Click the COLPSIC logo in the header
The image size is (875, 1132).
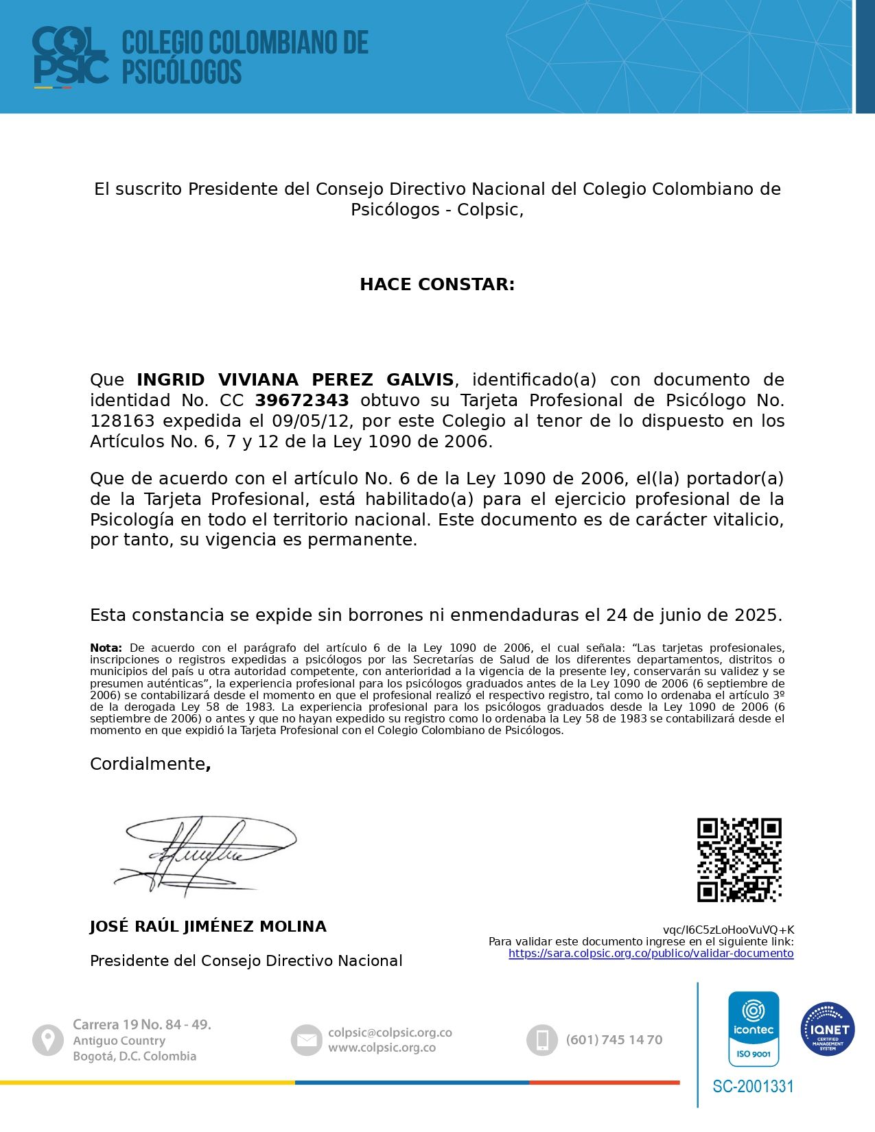coord(70,57)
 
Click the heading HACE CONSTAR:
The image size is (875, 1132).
coord(437,285)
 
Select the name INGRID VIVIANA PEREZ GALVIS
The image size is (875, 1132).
coord(295,380)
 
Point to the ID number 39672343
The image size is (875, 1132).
coord(302,401)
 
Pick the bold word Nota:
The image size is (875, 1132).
coord(106,648)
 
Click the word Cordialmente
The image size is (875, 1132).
coord(148,764)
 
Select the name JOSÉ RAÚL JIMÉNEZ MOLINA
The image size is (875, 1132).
coord(208,927)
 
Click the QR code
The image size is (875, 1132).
coord(739,860)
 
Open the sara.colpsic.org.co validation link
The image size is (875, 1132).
coord(651,954)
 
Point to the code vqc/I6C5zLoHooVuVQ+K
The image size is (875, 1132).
coord(728,930)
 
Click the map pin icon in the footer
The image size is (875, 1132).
coord(48,1041)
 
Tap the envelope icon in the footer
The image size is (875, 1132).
coord(306,1041)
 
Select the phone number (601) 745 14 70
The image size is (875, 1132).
coord(614,1040)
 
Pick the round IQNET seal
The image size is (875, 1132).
coord(828,1029)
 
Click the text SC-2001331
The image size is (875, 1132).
coord(753,1087)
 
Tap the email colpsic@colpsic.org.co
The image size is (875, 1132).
coord(390,1033)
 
